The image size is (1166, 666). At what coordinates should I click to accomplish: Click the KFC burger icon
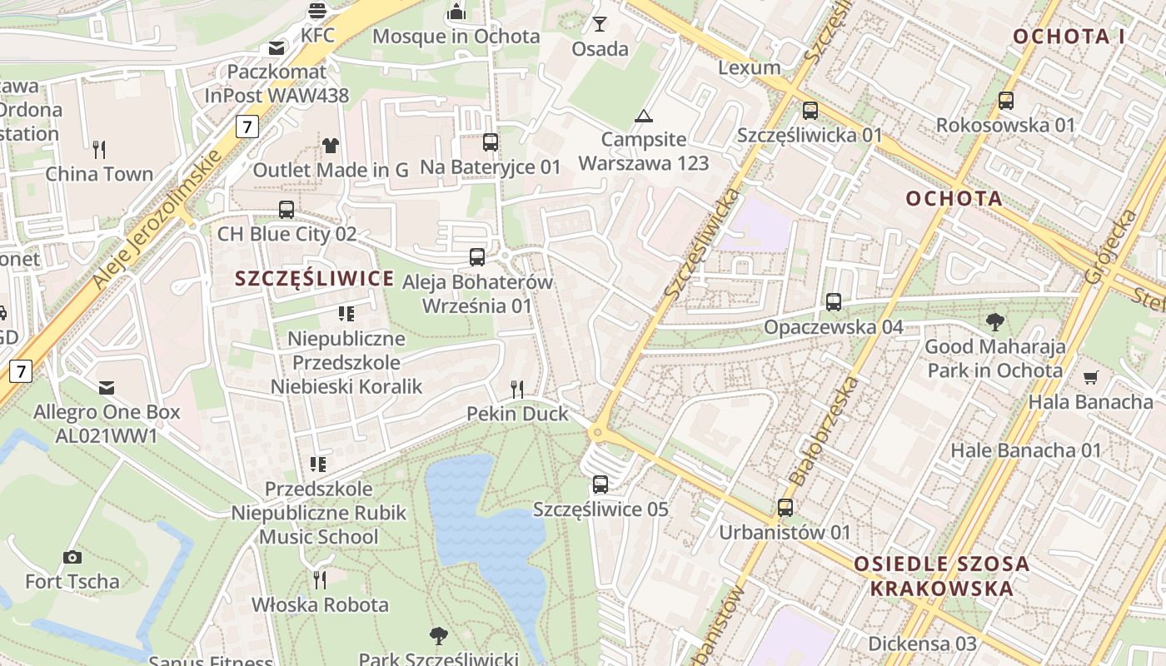coord(317,11)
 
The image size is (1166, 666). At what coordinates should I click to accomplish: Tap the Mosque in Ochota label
coord(456,37)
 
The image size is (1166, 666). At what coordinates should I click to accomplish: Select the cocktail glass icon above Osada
coord(600,24)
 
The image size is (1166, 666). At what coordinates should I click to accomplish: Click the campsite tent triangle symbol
coord(643,116)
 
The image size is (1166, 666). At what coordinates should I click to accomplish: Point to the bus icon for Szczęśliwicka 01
coord(810,110)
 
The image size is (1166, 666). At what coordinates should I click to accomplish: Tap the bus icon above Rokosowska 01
coord(1006,101)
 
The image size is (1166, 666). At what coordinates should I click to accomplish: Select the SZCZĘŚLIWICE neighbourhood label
coord(315,279)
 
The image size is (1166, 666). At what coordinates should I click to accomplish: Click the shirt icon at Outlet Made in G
coord(331,146)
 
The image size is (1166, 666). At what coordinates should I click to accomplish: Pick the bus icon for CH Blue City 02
coord(287,210)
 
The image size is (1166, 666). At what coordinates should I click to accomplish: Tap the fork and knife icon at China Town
coord(99,150)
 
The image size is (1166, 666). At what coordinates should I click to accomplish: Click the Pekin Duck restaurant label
coord(517,414)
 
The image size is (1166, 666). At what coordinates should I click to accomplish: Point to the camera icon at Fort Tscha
coord(72,557)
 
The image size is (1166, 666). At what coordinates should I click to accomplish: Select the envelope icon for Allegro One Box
coord(107,387)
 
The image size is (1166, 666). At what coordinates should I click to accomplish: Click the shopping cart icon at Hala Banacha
coord(1090,378)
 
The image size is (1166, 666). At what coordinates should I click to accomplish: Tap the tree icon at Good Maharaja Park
coord(994,322)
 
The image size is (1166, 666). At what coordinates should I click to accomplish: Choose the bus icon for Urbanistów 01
coord(785,507)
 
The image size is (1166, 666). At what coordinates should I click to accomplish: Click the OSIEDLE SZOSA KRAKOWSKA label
coord(941,576)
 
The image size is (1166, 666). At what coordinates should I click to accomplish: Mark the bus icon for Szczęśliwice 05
coord(600,484)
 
